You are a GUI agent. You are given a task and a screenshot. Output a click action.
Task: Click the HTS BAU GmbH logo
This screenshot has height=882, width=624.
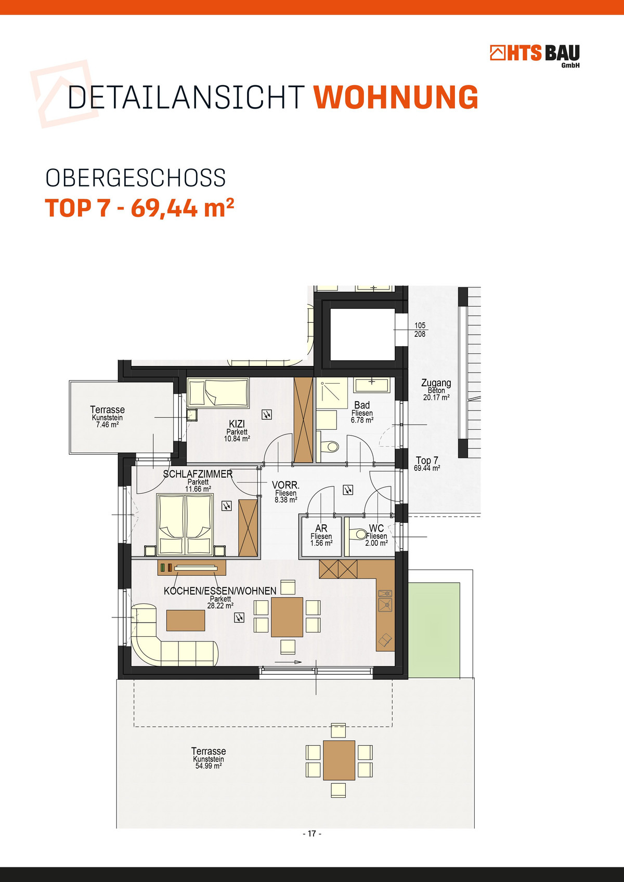tap(535, 56)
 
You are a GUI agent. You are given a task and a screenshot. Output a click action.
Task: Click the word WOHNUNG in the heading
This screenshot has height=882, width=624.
tap(396, 97)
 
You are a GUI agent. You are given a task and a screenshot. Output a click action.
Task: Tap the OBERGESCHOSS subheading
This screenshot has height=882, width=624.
tap(136, 178)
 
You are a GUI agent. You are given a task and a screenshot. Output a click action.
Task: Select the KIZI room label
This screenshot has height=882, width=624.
tap(237, 424)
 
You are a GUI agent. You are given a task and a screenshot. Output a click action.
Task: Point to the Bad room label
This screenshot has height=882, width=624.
tap(361, 405)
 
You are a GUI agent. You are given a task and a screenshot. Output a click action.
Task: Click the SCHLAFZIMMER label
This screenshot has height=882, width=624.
tap(198, 474)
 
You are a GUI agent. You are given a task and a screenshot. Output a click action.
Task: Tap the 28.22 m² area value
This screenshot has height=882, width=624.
tap(220, 605)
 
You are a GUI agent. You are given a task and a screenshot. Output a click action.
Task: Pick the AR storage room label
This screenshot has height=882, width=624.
tap(321, 529)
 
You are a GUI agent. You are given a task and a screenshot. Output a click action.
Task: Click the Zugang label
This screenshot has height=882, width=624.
tap(436, 383)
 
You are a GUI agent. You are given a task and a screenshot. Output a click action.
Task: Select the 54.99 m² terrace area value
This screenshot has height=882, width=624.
tap(209, 766)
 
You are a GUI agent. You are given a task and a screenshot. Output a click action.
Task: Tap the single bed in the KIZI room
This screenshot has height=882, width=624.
tap(218, 392)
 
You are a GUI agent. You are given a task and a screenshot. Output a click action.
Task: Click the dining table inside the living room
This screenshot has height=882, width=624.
tap(287, 617)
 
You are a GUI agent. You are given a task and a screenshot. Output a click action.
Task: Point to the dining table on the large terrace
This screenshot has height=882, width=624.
tap(339, 760)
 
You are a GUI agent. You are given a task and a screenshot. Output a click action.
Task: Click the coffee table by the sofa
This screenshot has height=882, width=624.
tap(186, 620)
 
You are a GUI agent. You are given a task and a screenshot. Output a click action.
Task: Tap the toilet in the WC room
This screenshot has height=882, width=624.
tap(358, 534)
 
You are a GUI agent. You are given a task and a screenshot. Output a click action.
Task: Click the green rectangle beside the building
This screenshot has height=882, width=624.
tap(434, 630)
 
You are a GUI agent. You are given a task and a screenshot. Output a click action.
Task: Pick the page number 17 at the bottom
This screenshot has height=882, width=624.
tap(312, 834)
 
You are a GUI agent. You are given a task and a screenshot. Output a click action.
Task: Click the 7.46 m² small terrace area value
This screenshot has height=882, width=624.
tap(108, 425)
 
